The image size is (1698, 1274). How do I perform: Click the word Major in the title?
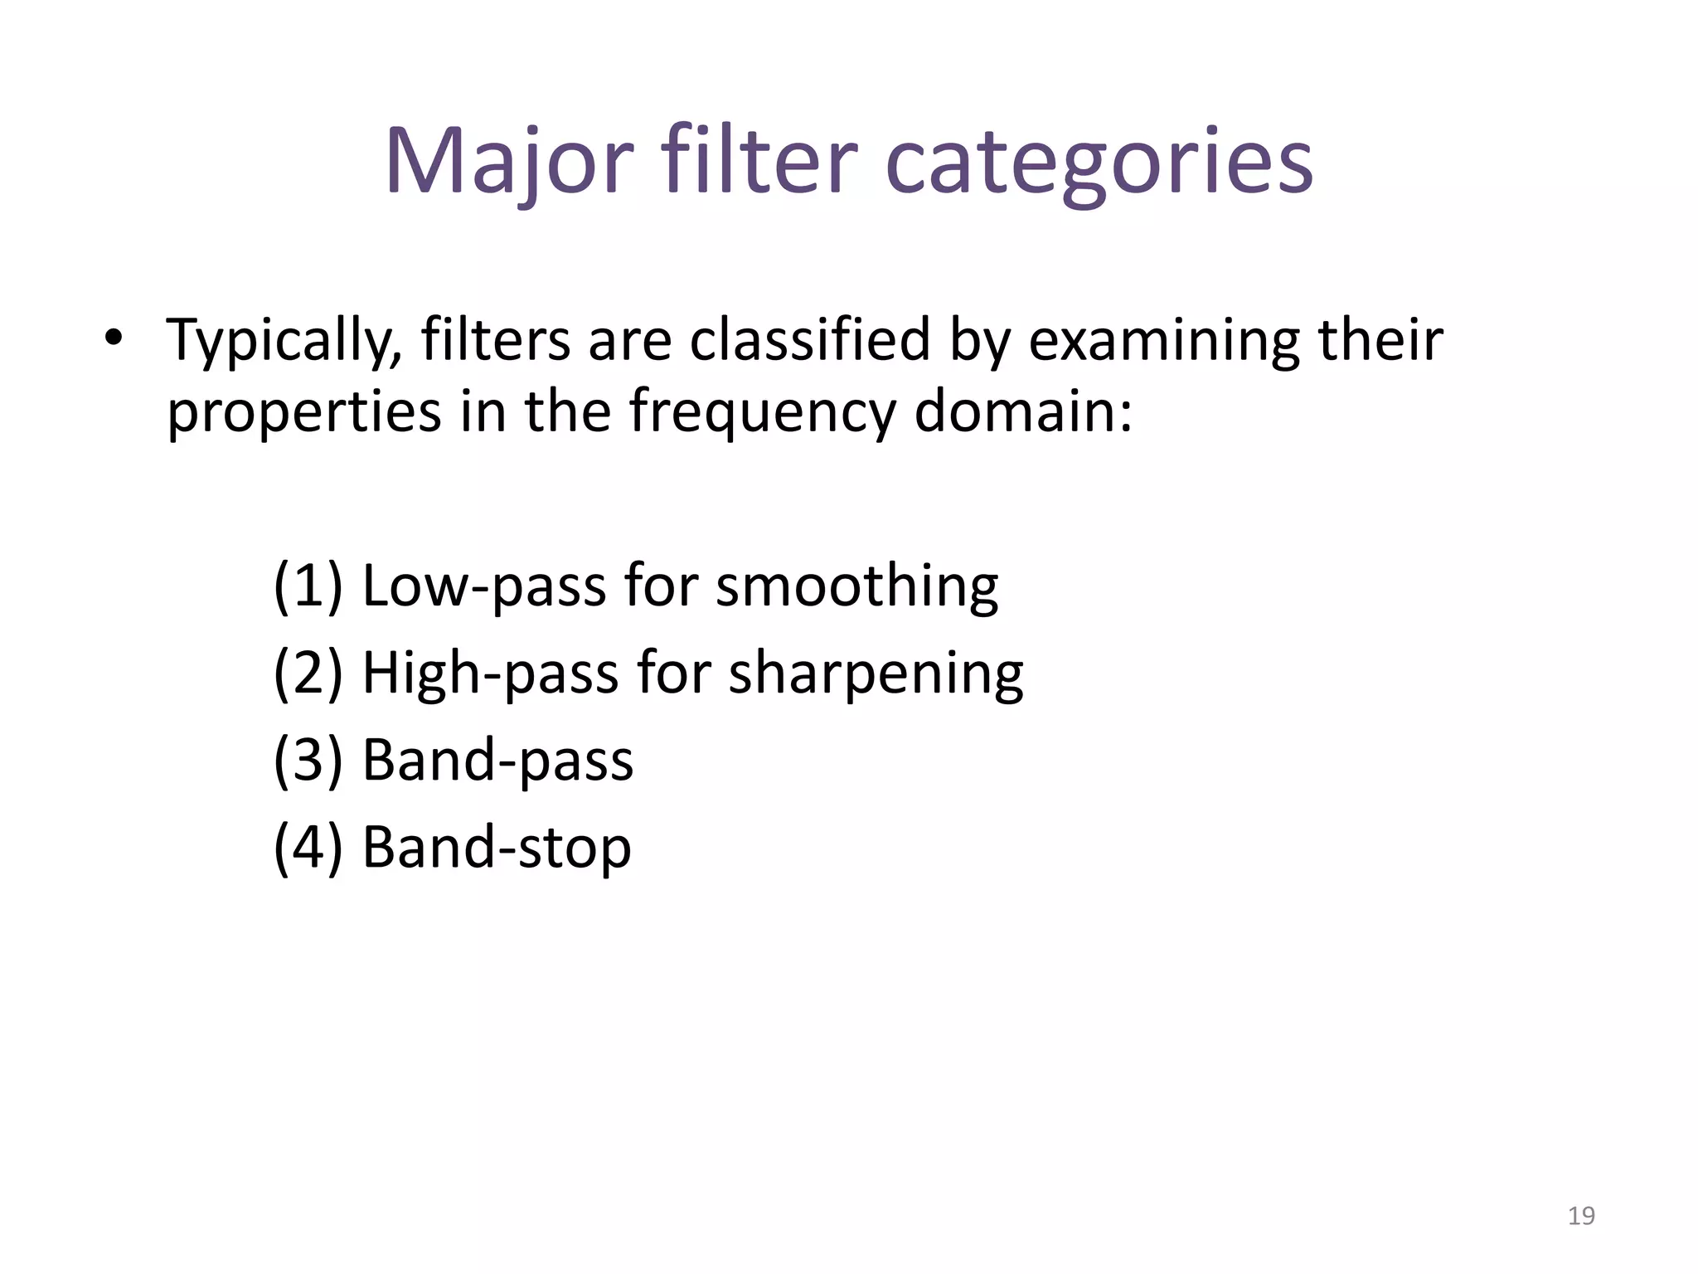click(508, 162)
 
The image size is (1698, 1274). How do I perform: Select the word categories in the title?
click(1099, 162)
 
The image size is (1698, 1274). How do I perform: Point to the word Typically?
click(284, 342)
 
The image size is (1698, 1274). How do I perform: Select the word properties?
click(303, 413)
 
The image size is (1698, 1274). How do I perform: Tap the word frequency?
click(762, 413)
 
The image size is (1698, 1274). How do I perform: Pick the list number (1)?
click(308, 586)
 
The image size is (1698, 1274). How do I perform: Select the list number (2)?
click(308, 673)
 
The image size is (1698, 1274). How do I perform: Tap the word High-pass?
click(490, 673)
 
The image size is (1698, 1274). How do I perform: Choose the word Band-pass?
click(497, 760)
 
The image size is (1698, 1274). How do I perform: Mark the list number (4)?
click(308, 848)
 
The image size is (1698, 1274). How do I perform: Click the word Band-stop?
click(497, 848)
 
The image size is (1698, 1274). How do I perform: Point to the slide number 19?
click(1581, 1216)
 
